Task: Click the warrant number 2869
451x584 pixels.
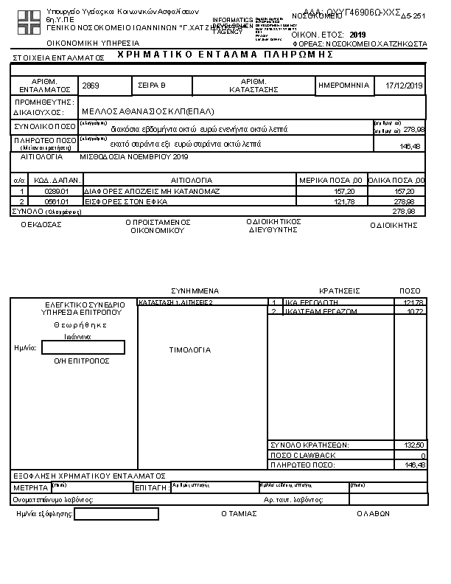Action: click(91, 86)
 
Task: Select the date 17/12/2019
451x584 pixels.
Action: click(405, 86)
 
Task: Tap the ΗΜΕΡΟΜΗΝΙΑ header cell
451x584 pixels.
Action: click(343, 86)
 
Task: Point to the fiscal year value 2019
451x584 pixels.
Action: click(358, 35)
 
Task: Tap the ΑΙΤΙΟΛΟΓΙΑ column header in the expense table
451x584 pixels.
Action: click(192, 180)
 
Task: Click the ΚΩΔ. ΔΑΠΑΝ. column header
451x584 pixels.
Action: click(46, 180)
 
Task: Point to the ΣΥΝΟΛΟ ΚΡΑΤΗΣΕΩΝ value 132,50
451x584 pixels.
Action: click(415, 445)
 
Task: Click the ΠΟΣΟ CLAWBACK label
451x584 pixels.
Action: click(303, 455)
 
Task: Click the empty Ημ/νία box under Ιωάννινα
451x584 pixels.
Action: click(83, 347)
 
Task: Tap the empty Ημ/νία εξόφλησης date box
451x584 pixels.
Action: click(116, 514)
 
